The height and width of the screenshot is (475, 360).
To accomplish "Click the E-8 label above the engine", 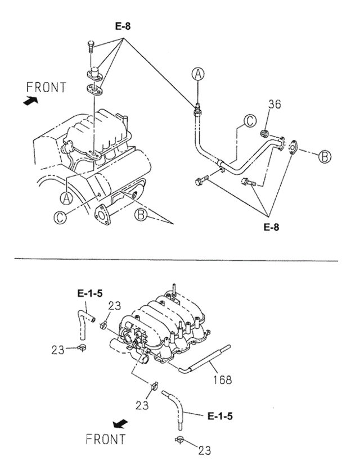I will coord(124,26).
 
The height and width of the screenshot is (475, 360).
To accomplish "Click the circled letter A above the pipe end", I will coord(197,73).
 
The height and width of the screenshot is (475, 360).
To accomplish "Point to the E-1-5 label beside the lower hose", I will coord(220,417).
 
